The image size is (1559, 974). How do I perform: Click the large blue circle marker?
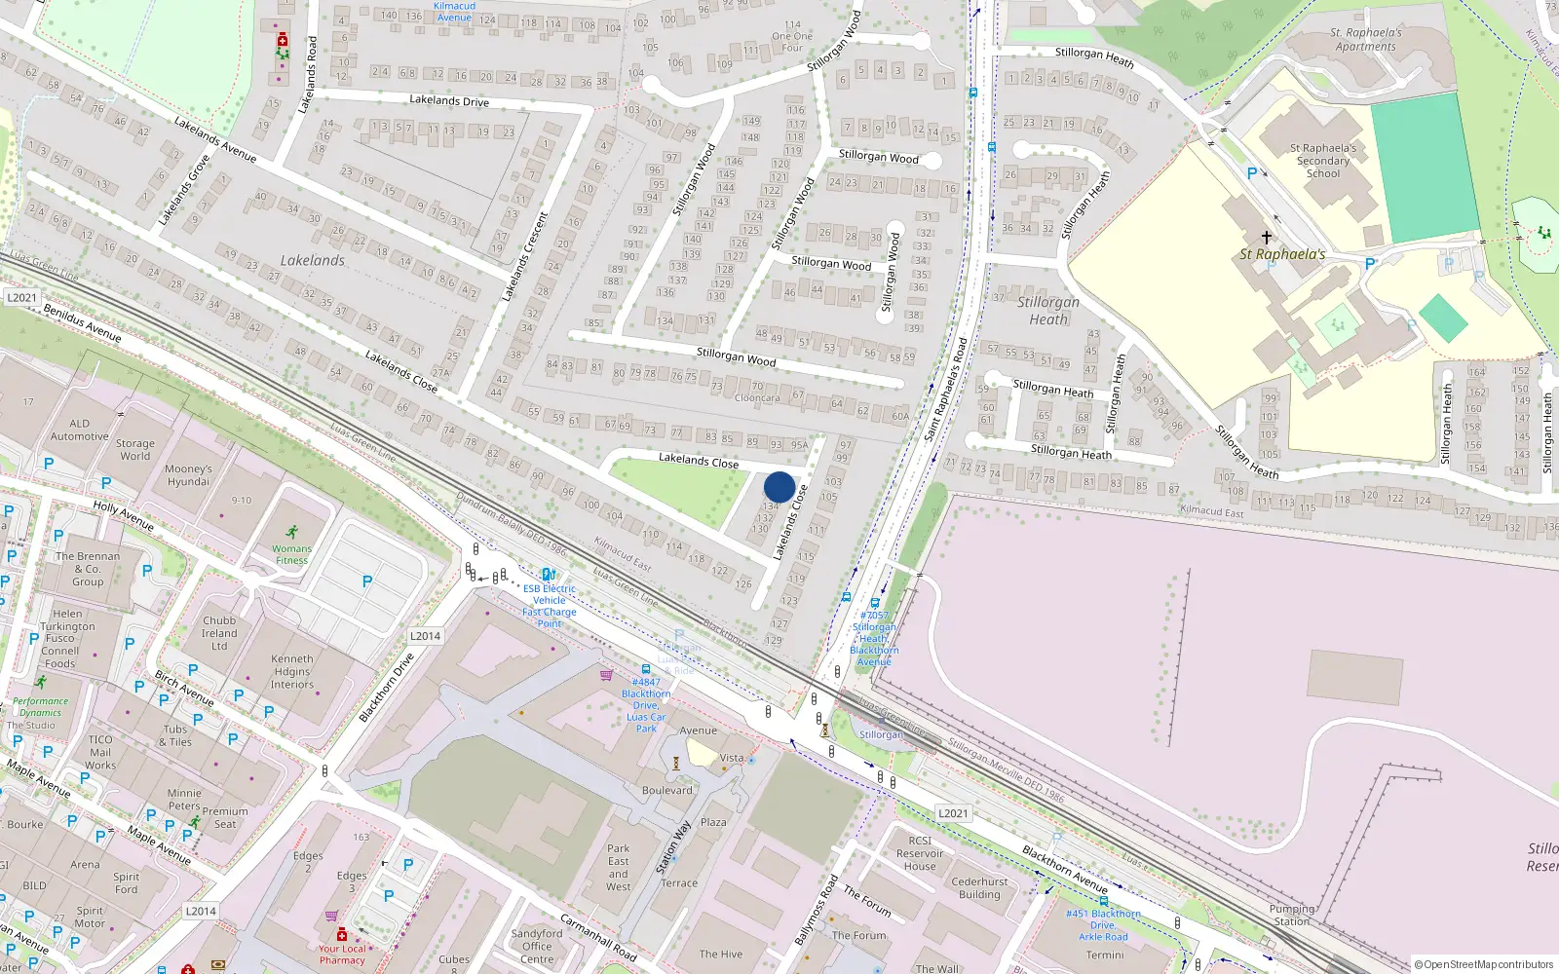(779, 487)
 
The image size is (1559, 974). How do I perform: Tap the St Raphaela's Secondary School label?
(1322, 161)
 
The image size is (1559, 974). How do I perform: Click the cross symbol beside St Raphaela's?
(1266, 237)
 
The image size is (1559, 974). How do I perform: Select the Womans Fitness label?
(291, 553)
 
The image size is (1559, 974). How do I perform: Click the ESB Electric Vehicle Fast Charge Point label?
(549, 606)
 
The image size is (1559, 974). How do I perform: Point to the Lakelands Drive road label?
(448, 100)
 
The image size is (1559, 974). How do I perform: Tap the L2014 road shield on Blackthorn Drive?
(425, 636)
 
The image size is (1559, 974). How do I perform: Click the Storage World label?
(135, 449)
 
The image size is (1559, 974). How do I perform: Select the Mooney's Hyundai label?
(188, 475)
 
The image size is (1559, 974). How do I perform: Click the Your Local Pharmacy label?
(342, 954)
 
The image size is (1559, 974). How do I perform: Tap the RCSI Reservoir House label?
(920, 853)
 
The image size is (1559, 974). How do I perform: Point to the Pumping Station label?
(1292, 915)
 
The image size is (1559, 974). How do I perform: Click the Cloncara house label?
(757, 397)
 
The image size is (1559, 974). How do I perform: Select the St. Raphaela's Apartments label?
(1366, 39)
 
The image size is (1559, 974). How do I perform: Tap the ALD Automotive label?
(79, 430)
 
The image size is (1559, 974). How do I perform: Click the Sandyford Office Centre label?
(536, 946)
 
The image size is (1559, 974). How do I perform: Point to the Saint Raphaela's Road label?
(945, 388)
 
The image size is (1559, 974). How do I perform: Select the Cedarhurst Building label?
(979, 887)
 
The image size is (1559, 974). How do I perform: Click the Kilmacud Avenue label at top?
(454, 11)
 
